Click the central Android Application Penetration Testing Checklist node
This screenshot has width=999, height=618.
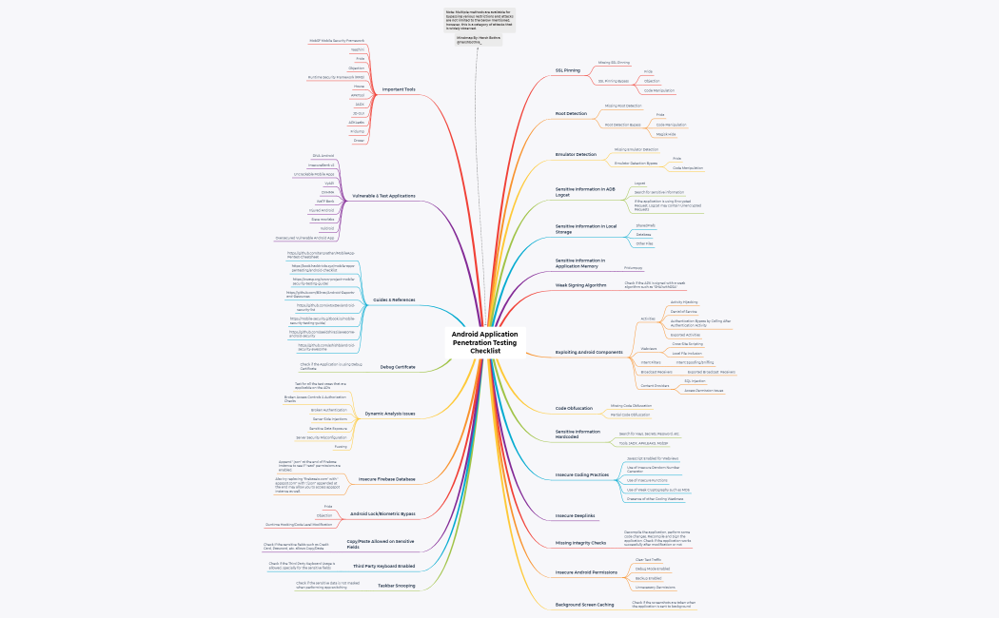(x=485, y=342)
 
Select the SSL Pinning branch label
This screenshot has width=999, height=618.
(x=568, y=70)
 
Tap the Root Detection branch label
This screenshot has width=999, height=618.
(x=571, y=113)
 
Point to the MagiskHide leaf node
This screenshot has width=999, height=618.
(x=666, y=134)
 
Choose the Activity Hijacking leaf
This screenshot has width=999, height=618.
(x=684, y=301)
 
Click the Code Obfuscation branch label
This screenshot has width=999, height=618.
(x=574, y=409)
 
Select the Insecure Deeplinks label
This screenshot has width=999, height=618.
(x=575, y=515)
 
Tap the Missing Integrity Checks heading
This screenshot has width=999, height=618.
(x=580, y=543)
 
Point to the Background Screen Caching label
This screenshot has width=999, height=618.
(x=584, y=605)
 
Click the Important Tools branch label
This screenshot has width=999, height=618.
(x=398, y=89)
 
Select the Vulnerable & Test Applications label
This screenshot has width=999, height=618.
(x=383, y=195)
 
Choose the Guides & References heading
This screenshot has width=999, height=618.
(x=394, y=299)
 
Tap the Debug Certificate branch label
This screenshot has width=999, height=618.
(x=398, y=366)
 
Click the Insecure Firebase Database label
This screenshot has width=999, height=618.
(x=386, y=478)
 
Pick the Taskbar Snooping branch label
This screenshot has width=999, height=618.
(x=396, y=586)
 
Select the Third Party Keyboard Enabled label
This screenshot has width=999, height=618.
(x=384, y=566)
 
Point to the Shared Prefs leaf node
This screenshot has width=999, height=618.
(x=645, y=224)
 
